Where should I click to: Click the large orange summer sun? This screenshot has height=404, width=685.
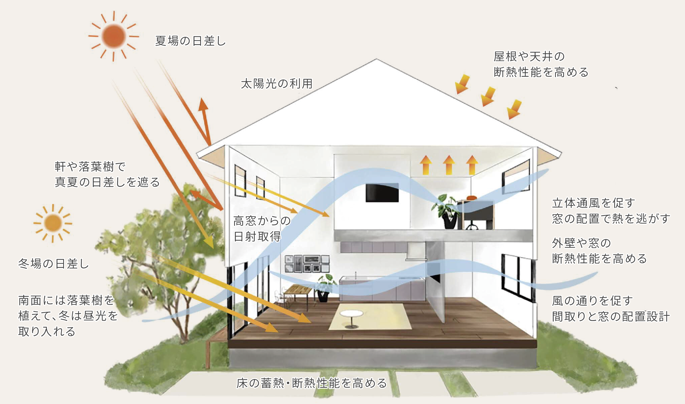click(114, 36)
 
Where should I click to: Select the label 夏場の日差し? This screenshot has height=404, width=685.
click(190, 41)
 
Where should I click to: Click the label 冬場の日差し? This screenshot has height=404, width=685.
click(54, 264)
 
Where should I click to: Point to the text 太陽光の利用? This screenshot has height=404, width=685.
click(277, 84)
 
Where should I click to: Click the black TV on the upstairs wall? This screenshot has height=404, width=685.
click(382, 193)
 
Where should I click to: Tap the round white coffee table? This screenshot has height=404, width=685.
click(351, 316)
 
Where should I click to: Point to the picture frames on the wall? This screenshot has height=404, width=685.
click(307, 264)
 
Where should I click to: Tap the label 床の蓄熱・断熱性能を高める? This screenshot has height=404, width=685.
click(312, 383)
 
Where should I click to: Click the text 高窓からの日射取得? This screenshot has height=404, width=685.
click(262, 229)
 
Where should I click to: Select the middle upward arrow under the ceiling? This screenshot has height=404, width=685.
click(449, 165)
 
